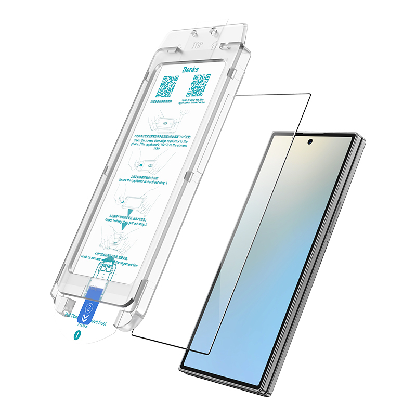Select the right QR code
(x=199, y=86)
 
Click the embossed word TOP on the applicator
(x=198, y=45)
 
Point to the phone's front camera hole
(x=310, y=141)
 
